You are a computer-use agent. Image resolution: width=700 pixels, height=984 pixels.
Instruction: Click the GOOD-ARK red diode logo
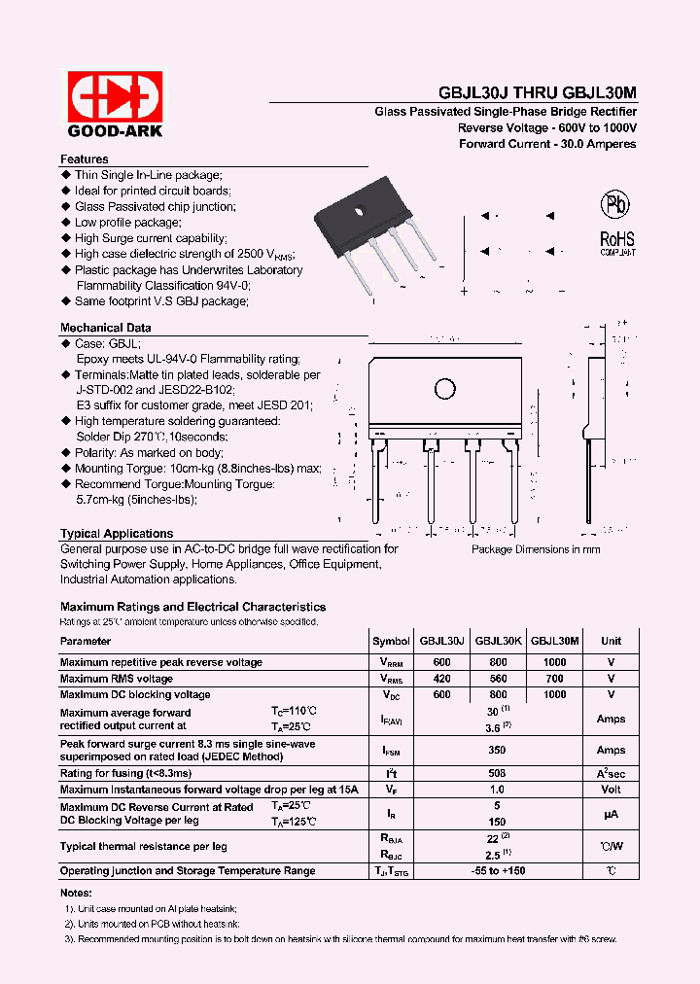pyautogui.click(x=115, y=96)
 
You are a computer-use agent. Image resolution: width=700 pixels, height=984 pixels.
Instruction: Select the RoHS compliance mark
pyautogui.click(x=616, y=240)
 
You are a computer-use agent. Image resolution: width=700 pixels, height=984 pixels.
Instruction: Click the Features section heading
pyautogui.click(x=85, y=159)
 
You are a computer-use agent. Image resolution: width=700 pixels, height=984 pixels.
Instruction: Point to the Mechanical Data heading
pyautogui.click(x=105, y=328)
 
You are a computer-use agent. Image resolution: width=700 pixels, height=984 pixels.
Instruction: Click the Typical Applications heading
pyautogui.click(x=117, y=534)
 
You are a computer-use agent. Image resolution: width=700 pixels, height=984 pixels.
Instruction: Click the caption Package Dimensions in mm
pyautogui.click(x=536, y=549)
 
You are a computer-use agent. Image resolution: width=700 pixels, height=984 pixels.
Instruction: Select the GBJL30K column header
pyautogui.click(x=499, y=641)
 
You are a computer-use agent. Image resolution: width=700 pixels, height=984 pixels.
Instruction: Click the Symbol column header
pyautogui.click(x=391, y=641)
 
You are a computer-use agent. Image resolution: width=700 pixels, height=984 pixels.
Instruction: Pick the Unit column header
pyautogui.click(x=611, y=641)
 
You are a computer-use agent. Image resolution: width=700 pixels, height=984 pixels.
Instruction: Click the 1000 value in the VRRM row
pyautogui.click(x=555, y=662)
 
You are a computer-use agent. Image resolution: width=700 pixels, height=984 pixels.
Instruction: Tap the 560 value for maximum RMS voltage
pyautogui.click(x=499, y=679)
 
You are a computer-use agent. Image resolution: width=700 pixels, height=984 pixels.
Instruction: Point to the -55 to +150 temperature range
pyautogui.click(x=499, y=870)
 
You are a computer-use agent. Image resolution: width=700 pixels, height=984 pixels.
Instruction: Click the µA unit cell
pyautogui.click(x=611, y=815)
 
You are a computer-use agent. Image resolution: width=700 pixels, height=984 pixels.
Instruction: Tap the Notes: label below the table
pyautogui.click(x=76, y=893)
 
